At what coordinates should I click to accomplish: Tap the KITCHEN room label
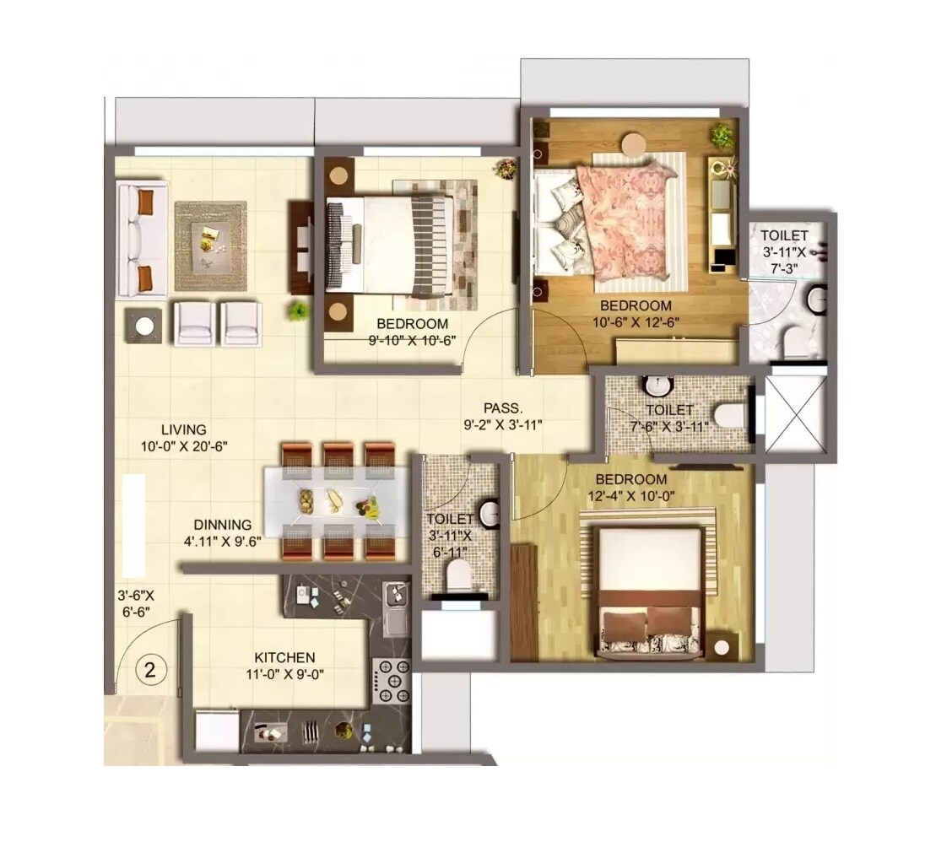click(285, 657)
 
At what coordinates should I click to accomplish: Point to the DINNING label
click(222, 524)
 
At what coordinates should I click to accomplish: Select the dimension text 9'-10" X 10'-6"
click(412, 341)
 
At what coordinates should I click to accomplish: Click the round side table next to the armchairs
click(144, 326)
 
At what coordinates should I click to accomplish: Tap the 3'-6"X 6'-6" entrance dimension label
click(136, 603)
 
